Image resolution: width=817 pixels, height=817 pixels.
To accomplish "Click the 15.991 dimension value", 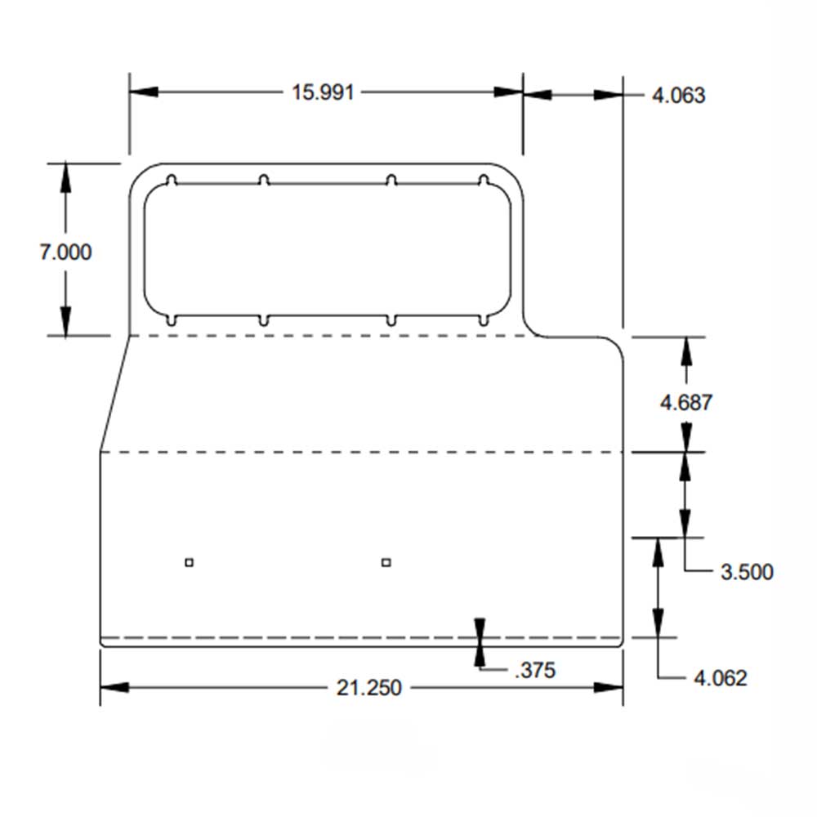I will (x=324, y=92).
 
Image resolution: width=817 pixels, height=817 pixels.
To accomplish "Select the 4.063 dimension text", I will (x=678, y=96).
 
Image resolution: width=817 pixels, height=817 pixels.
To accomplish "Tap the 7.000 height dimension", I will (x=66, y=252).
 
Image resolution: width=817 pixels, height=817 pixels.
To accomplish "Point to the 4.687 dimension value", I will (x=686, y=402).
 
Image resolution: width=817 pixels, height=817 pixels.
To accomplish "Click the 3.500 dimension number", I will (x=746, y=572).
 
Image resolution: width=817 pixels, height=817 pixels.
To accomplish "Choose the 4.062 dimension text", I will (x=720, y=678).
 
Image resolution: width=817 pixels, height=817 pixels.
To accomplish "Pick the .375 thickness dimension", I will (x=535, y=671).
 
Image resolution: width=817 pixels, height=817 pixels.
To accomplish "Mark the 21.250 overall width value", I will (x=369, y=688).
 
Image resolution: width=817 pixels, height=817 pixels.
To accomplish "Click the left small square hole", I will (x=189, y=561).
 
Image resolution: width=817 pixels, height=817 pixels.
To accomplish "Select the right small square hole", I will (x=386, y=561).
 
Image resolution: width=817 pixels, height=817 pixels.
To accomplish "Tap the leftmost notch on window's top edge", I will (x=172, y=180).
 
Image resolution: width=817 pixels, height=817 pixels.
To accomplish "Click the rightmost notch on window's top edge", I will (x=483, y=180).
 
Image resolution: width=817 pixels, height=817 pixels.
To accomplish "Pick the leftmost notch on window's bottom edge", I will (x=172, y=319).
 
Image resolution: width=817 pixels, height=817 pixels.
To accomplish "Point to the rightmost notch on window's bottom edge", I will (x=483, y=319).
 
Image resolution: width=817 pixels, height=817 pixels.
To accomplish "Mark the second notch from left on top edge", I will (x=263, y=180).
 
